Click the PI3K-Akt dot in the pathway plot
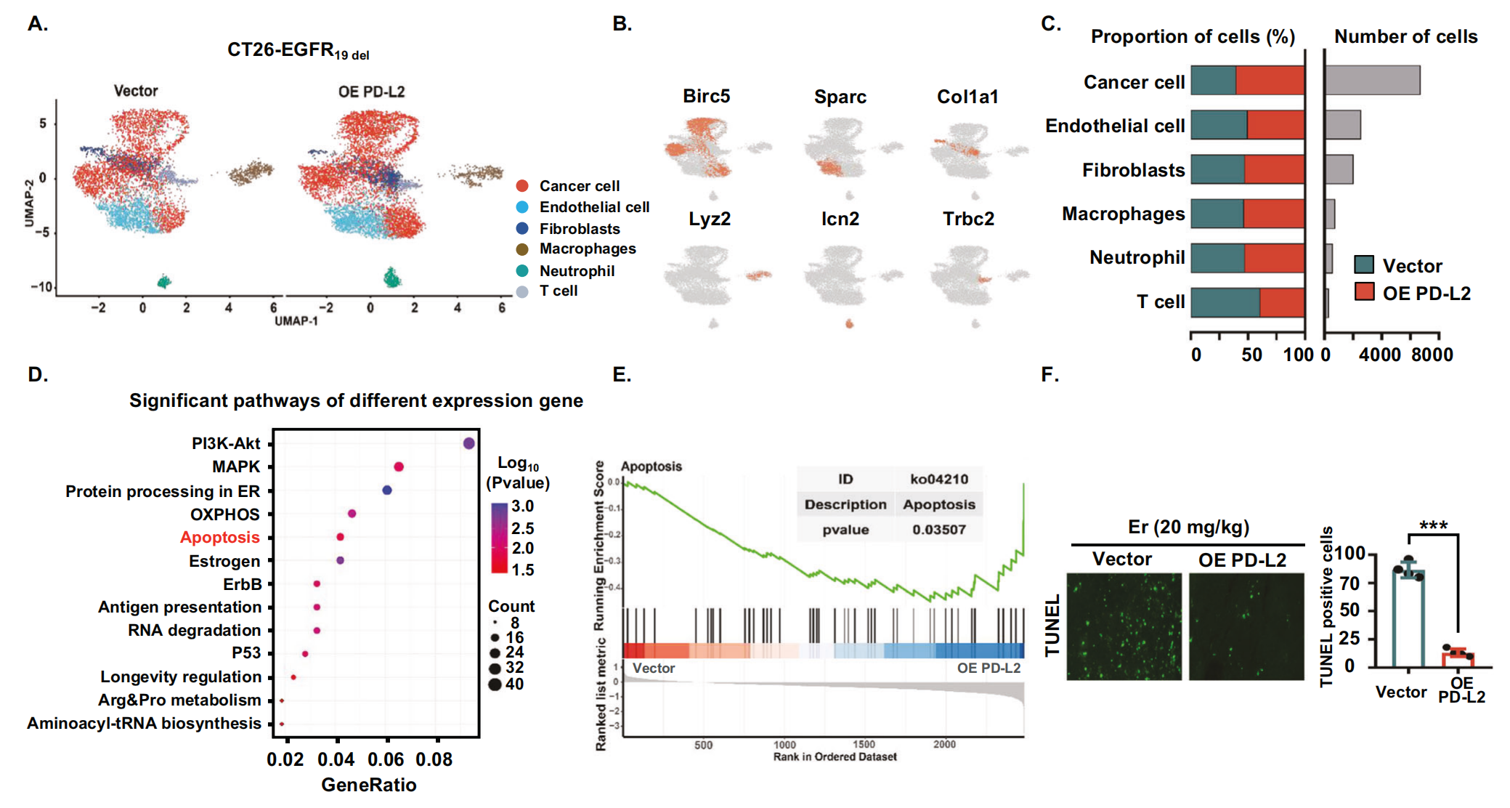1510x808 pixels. (x=469, y=443)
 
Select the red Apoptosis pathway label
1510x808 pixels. (x=220, y=538)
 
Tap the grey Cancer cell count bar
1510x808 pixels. (x=1372, y=81)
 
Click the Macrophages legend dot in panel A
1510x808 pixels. (x=522, y=249)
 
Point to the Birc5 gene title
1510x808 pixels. (x=706, y=97)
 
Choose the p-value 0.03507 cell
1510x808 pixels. (x=939, y=530)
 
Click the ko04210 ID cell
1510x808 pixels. (x=939, y=480)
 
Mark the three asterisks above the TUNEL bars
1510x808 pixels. (x=1433, y=526)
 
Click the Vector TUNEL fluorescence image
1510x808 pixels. (x=1124, y=626)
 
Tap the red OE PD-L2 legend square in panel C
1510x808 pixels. (x=1365, y=292)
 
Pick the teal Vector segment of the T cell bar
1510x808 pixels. (x=1225, y=302)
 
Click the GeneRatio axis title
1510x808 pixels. (x=369, y=785)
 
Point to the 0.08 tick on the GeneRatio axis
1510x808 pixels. (x=434, y=760)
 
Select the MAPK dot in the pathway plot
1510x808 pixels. (x=399, y=466)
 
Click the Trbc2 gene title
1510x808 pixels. (x=968, y=219)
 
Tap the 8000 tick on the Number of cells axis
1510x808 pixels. (x=1432, y=355)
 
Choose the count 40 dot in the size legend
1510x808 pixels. (x=495, y=684)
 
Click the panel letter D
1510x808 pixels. (x=38, y=375)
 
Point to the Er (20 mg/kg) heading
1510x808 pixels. (x=1188, y=527)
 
